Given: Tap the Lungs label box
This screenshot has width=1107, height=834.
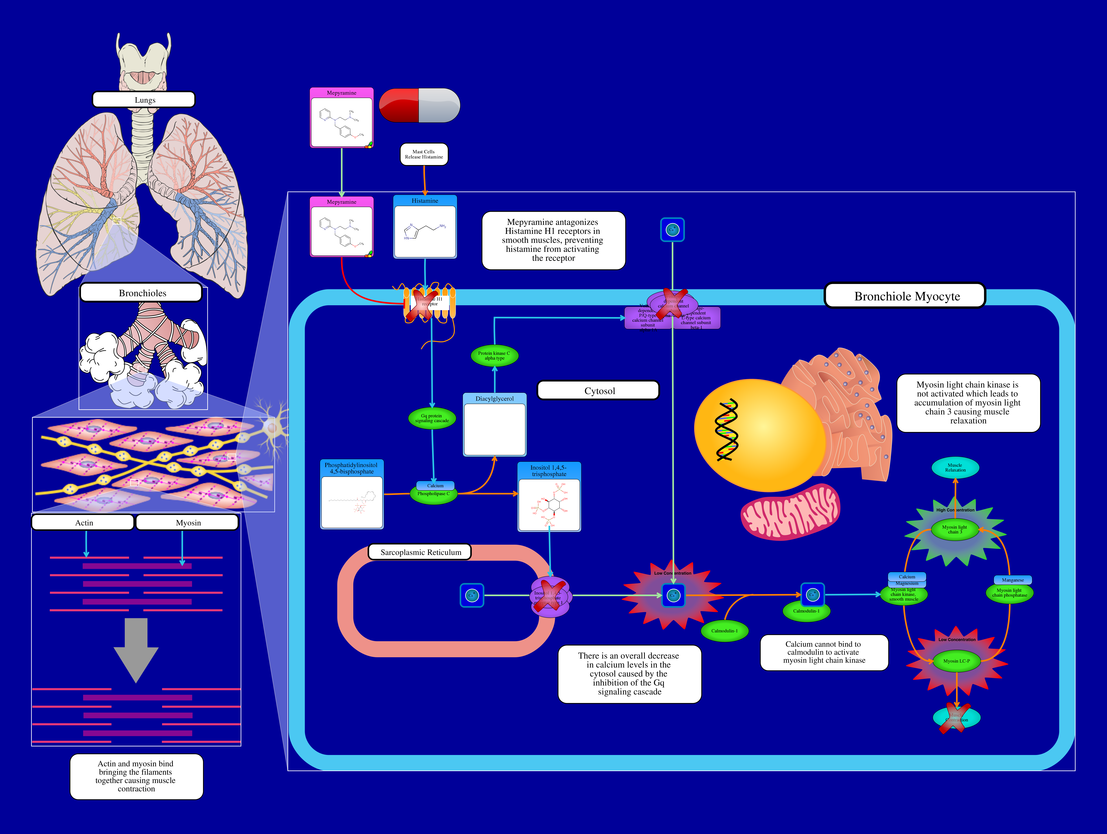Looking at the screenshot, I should click(144, 100).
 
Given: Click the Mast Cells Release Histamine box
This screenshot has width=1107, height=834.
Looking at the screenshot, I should click(424, 154).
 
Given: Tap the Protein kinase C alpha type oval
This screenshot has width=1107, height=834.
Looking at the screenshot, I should click(494, 356).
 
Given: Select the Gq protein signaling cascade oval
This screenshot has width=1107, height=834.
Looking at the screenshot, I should click(432, 418).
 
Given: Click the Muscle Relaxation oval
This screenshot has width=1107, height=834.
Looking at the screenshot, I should click(955, 468).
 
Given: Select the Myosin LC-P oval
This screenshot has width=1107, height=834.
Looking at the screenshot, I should click(956, 661).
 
